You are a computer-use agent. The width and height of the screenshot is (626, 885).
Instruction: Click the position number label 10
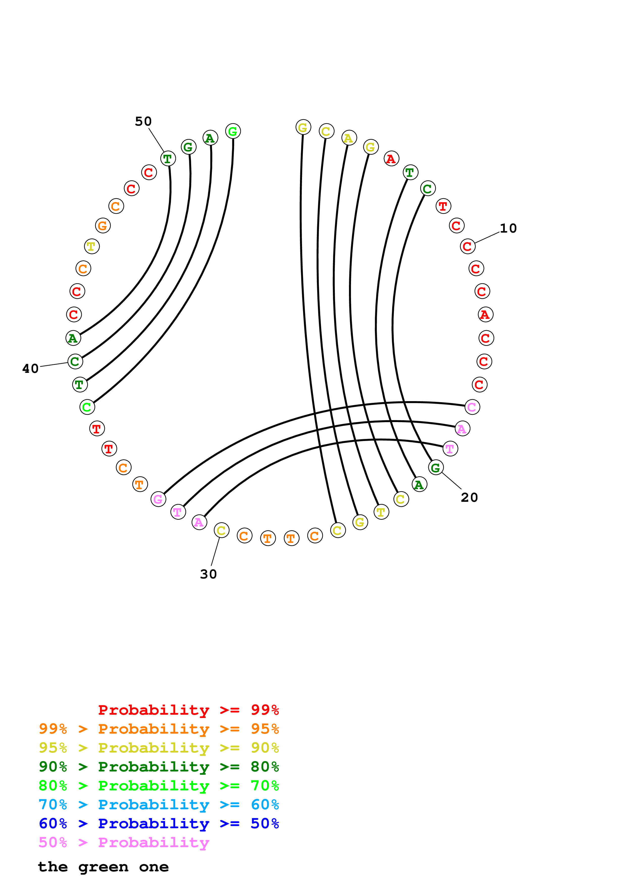(x=508, y=229)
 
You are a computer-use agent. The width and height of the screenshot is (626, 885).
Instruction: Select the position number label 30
(x=208, y=574)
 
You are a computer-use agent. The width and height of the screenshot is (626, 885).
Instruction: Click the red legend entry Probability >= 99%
(x=188, y=710)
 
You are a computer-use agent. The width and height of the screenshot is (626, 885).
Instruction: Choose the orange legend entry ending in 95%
(x=159, y=729)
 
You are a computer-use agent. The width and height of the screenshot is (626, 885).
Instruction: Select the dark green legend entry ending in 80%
(x=159, y=767)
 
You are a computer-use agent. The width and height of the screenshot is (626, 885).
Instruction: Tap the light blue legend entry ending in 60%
(x=159, y=805)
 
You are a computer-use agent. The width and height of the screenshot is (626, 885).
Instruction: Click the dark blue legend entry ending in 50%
(x=159, y=823)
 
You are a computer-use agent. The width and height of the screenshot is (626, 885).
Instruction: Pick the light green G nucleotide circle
(x=233, y=131)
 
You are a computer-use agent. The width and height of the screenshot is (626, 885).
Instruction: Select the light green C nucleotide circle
(x=87, y=407)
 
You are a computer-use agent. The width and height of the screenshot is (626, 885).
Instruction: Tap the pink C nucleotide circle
(x=472, y=407)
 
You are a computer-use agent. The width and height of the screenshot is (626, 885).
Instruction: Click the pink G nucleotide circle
(x=158, y=499)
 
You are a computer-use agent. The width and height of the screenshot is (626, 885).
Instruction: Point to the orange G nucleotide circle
(x=103, y=226)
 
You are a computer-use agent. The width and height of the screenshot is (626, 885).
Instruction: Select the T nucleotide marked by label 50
(x=168, y=158)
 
